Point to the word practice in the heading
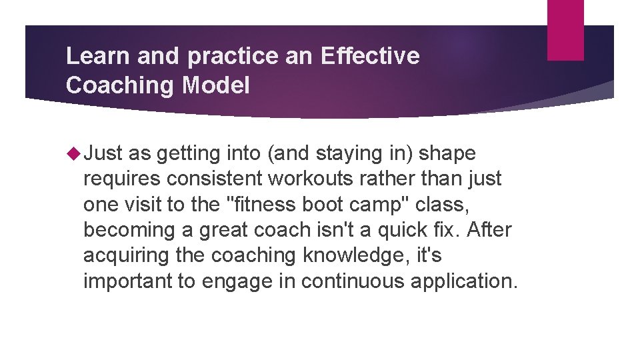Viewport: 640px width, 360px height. pyautogui.click(x=231, y=57)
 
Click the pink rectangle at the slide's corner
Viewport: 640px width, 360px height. pyautogui.click(x=565, y=30)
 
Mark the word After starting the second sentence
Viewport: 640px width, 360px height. pyautogui.click(x=490, y=230)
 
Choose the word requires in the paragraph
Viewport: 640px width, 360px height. pyautogui.click(x=122, y=179)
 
